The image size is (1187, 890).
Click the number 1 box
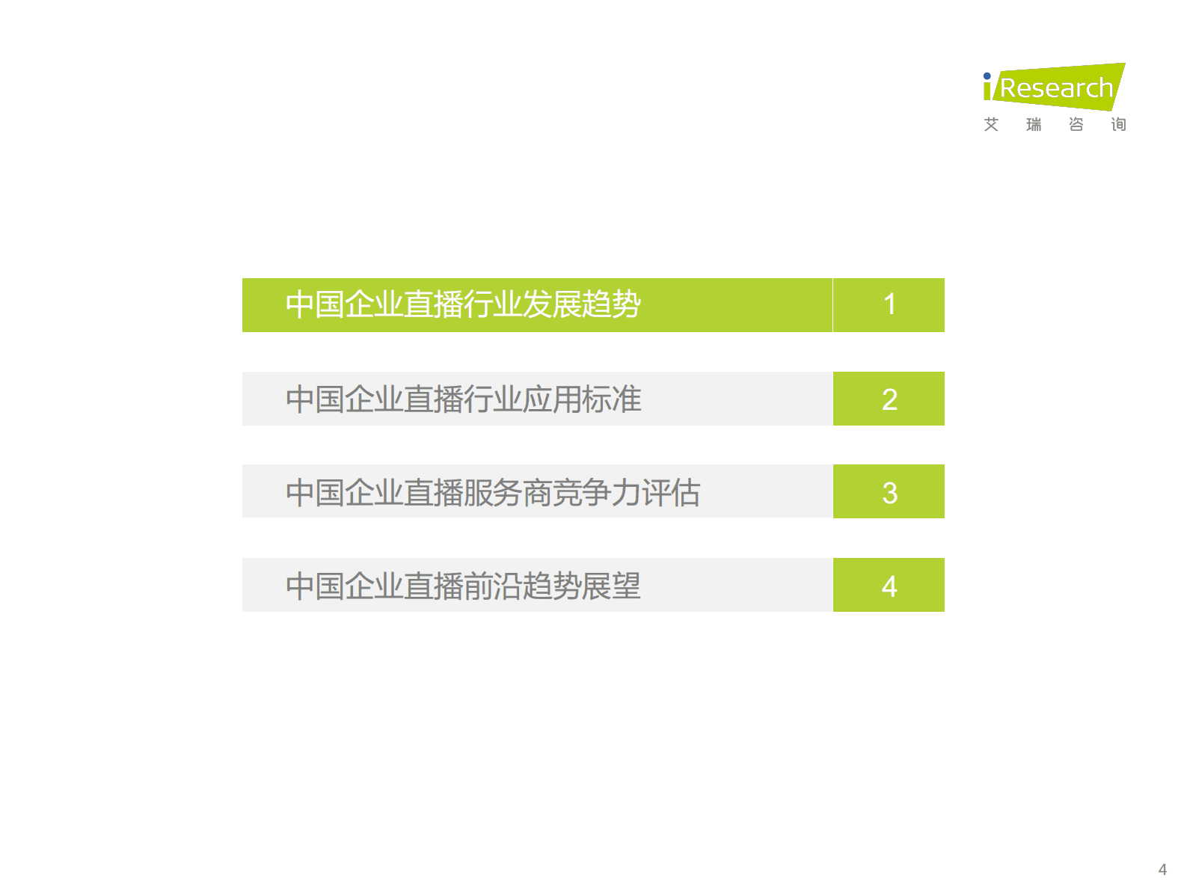(889, 305)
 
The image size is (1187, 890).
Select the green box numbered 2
(889, 399)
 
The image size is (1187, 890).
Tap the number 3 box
(889, 492)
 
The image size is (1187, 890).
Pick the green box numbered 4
(889, 585)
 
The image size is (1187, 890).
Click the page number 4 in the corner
(1162, 870)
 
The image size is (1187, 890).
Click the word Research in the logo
(1056, 88)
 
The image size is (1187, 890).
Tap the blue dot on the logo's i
(987, 76)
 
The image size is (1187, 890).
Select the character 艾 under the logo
(992, 124)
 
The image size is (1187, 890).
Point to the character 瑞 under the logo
(1034, 124)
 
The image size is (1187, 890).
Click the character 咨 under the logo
(1076, 124)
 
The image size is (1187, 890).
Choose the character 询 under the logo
(1118, 124)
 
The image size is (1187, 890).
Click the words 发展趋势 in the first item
(581, 304)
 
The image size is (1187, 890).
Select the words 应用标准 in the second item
(581, 399)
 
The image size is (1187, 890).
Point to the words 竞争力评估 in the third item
(626, 493)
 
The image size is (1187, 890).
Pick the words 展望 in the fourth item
(611, 586)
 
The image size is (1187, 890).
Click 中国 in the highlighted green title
(315, 304)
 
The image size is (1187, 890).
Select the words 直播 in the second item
(433, 399)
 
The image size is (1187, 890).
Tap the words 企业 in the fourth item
(374, 586)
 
